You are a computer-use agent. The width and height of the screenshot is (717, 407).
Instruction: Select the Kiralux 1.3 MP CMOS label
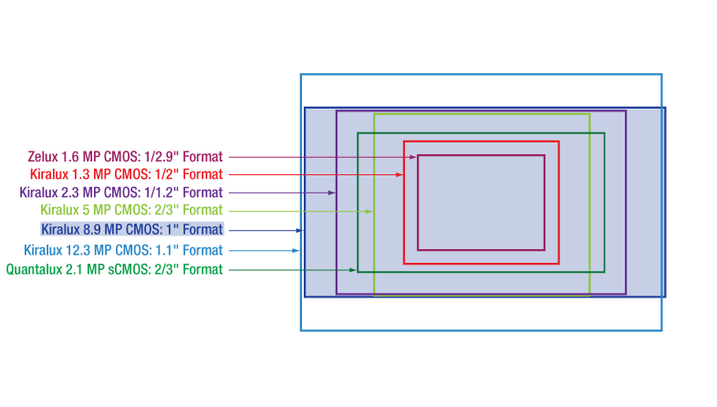click(126, 174)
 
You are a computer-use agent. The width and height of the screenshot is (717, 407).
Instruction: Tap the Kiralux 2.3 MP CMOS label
click(121, 193)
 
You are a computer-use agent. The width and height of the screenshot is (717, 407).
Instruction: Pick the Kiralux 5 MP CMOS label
click(131, 211)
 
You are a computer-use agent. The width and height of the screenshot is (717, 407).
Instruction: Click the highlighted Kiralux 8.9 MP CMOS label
click(131, 230)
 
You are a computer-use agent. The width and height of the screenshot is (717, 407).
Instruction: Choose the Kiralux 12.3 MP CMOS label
click(123, 250)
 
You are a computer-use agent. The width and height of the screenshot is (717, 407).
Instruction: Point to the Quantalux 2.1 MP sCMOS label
click(114, 270)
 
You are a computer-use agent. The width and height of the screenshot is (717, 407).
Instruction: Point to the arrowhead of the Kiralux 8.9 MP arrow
click(300, 230)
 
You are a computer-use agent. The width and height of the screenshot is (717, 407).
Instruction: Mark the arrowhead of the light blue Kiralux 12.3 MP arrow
click(296, 250)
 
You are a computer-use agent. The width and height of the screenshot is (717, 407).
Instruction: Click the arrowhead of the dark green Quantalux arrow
click(353, 270)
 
